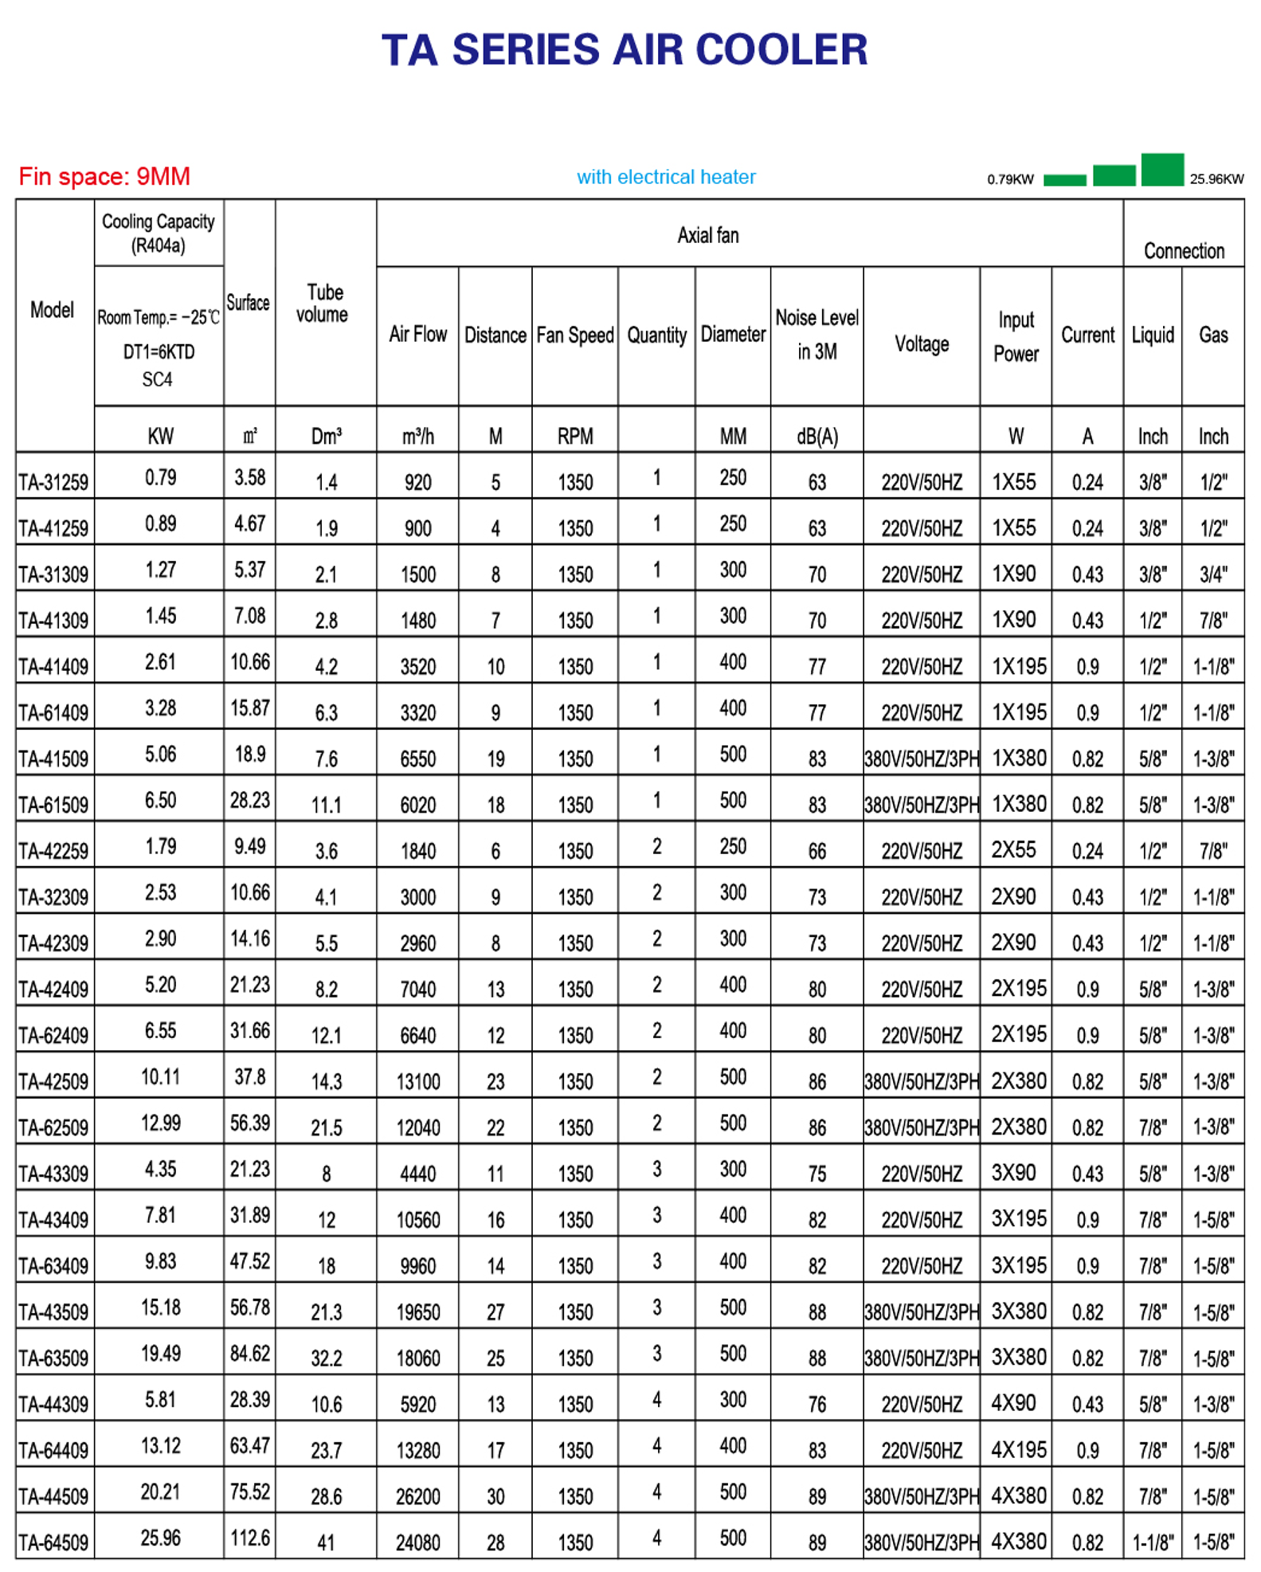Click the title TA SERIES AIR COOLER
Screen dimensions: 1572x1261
625,49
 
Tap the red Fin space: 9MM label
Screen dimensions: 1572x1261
104,176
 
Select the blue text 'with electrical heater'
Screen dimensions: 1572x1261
666,177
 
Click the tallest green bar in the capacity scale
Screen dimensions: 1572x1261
1162,169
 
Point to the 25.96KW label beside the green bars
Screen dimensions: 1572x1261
1216,179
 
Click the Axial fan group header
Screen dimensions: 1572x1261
707,235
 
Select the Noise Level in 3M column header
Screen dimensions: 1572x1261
817,335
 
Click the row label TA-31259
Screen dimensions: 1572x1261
53,482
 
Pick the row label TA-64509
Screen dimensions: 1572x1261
53,1543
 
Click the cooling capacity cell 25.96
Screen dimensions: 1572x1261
160,1538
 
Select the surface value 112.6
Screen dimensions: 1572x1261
250,1538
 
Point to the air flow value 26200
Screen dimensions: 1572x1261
417,1496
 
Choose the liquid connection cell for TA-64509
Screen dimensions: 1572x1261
1153,1543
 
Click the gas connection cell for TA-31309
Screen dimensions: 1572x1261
1213,574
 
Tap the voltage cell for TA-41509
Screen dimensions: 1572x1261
922,759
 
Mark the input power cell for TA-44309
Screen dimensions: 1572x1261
1014,1402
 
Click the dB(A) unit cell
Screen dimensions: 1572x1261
817,436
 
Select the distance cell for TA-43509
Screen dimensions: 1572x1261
495,1311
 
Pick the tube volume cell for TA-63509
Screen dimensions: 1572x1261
326,1358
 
